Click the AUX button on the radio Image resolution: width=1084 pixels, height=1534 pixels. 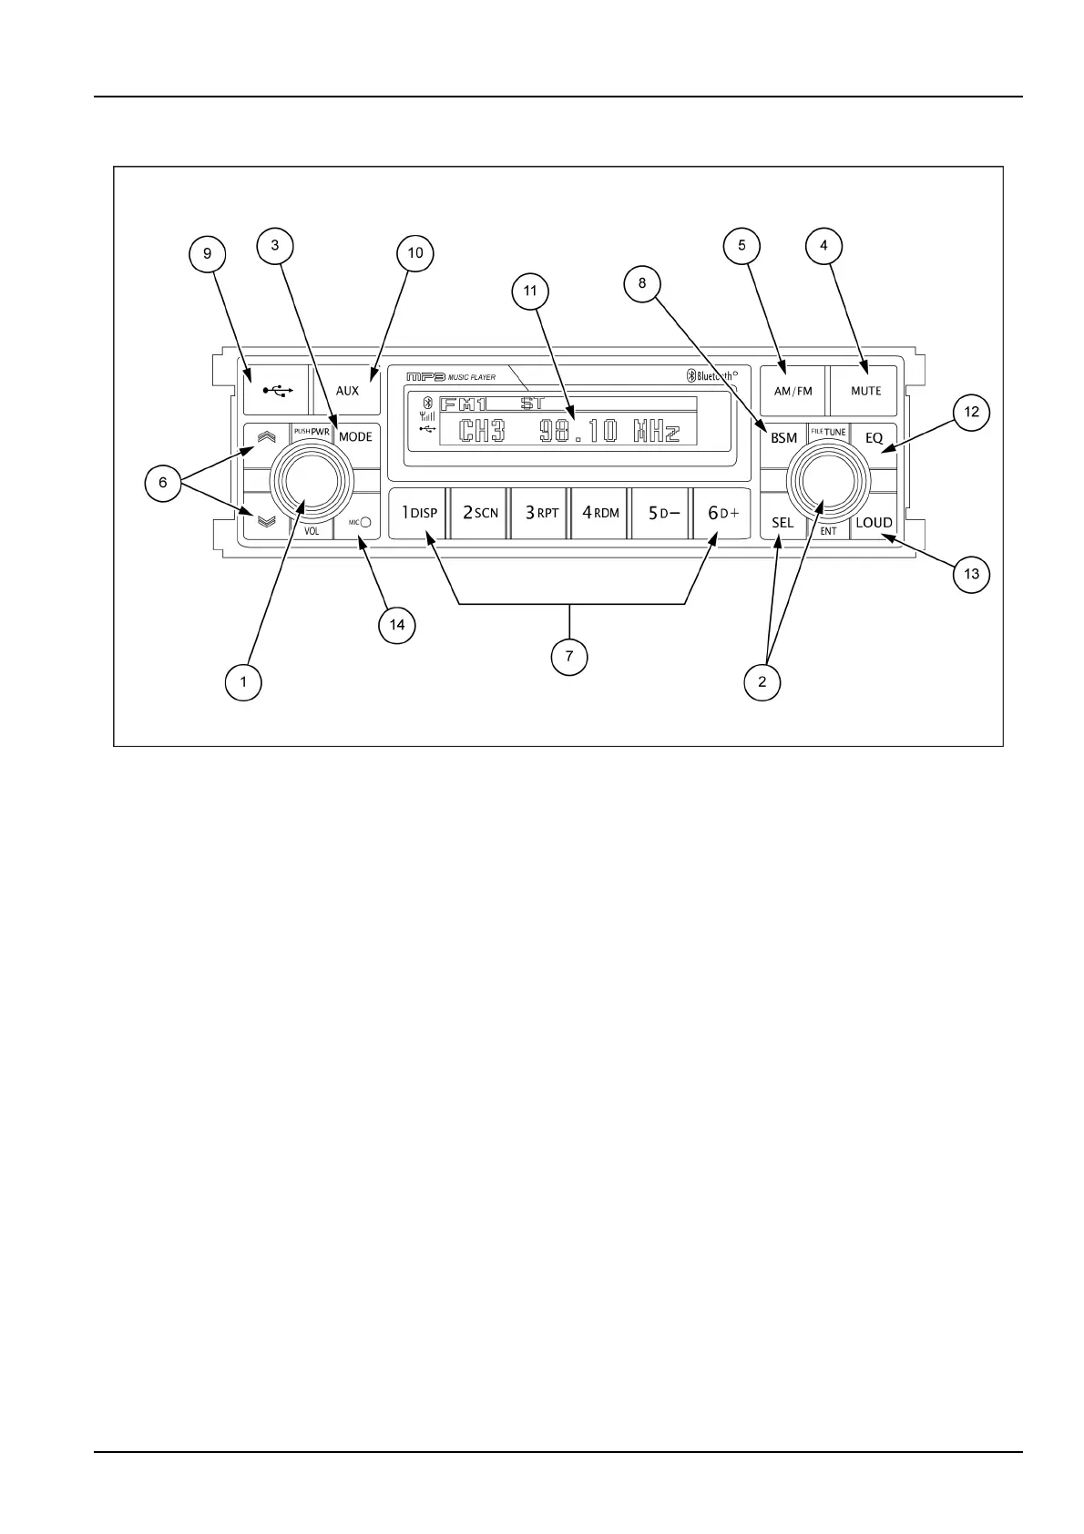347,390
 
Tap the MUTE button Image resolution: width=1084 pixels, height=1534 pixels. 865,390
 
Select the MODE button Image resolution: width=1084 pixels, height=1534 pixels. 355,436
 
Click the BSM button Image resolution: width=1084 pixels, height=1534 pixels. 783,437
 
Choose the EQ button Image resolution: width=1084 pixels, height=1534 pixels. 874,437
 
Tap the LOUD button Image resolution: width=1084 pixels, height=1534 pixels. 874,523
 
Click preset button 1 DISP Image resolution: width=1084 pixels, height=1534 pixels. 419,513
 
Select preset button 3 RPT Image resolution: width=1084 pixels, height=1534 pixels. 541,513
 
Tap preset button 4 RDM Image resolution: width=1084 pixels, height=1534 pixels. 600,513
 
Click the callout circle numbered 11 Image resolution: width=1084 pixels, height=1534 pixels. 530,292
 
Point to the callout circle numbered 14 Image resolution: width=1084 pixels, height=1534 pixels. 397,625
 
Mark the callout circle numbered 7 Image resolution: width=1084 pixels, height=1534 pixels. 569,657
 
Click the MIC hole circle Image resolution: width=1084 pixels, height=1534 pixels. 365,523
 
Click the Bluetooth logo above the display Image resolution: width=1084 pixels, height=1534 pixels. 690,376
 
